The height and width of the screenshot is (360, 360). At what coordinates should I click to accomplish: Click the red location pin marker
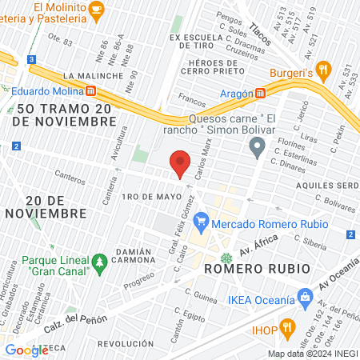pyautogui.click(x=181, y=162)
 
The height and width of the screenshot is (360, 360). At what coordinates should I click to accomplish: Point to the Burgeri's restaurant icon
pyautogui.click(x=323, y=70)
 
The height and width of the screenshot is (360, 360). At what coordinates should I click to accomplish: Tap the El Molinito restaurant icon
pyautogui.click(x=97, y=10)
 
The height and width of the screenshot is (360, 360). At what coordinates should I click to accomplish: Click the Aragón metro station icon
pyautogui.click(x=260, y=93)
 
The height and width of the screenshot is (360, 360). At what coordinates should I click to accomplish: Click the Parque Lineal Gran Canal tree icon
pyautogui.click(x=100, y=261)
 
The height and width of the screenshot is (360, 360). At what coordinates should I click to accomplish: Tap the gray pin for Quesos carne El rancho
pyautogui.click(x=257, y=146)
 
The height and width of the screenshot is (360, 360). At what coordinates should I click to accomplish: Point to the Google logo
pyautogui.click(x=26, y=350)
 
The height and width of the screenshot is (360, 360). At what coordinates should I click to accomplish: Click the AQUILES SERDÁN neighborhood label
pyautogui.click(x=331, y=183)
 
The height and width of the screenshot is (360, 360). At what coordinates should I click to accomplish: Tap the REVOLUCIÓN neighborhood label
pyautogui.click(x=125, y=343)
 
